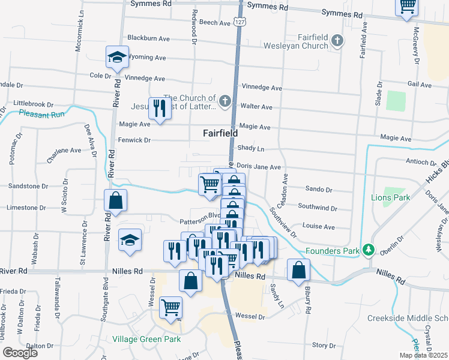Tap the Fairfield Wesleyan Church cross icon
[x=338, y=41]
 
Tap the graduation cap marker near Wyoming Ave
[x=118, y=58]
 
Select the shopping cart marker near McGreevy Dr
[x=408, y=7]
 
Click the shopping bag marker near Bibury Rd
[x=298, y=270]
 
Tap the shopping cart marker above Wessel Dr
[x=171, y=308]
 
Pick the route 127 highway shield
[x=240, y=22]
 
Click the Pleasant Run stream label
[x=41, y=113]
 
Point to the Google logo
[x=20, y=353]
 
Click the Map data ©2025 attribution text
[x=423, y=355]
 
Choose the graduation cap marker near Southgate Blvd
[x=130, y=241]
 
